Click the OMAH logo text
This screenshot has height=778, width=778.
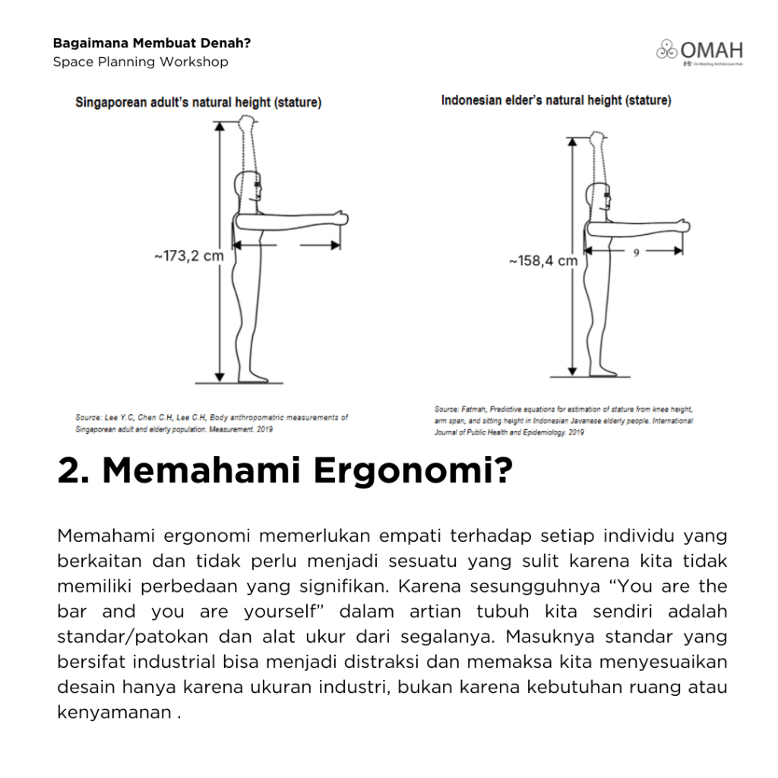click(711, 51)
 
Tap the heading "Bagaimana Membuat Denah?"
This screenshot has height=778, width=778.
click(152, 43)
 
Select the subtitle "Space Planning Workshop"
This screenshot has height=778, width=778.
click(141, 62)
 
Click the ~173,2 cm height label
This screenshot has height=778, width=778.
click(189, 256)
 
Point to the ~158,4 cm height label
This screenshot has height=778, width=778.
click(542, 261)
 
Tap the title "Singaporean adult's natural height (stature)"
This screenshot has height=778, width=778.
click(198, 103)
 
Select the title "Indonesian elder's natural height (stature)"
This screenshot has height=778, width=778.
click(556, 100)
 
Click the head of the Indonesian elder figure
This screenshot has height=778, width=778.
click(599, 198)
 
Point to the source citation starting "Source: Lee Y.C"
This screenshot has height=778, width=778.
click(211, 423)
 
